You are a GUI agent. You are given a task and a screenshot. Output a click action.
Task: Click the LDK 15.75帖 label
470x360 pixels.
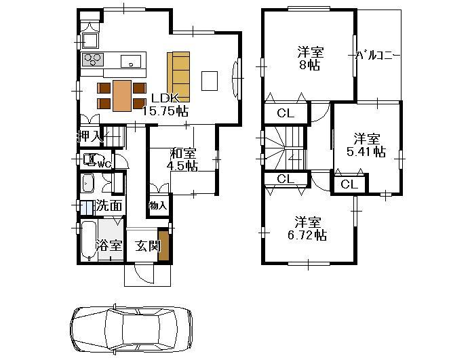click(x=169, y=104)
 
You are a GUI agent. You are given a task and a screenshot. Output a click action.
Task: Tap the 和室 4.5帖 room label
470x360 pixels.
click(x=183, y=159)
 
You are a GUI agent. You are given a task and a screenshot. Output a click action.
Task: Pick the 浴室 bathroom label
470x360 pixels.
click(x=110, y=245)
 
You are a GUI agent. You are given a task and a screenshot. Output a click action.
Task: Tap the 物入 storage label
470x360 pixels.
click(x=157, y=205)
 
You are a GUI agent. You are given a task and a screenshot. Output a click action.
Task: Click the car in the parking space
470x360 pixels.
click(x=130, y=330)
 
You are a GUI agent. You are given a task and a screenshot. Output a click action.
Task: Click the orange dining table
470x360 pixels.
click(x=122, y=95)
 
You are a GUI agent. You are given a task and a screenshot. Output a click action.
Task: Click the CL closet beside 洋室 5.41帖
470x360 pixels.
click(x=349, y=184)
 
